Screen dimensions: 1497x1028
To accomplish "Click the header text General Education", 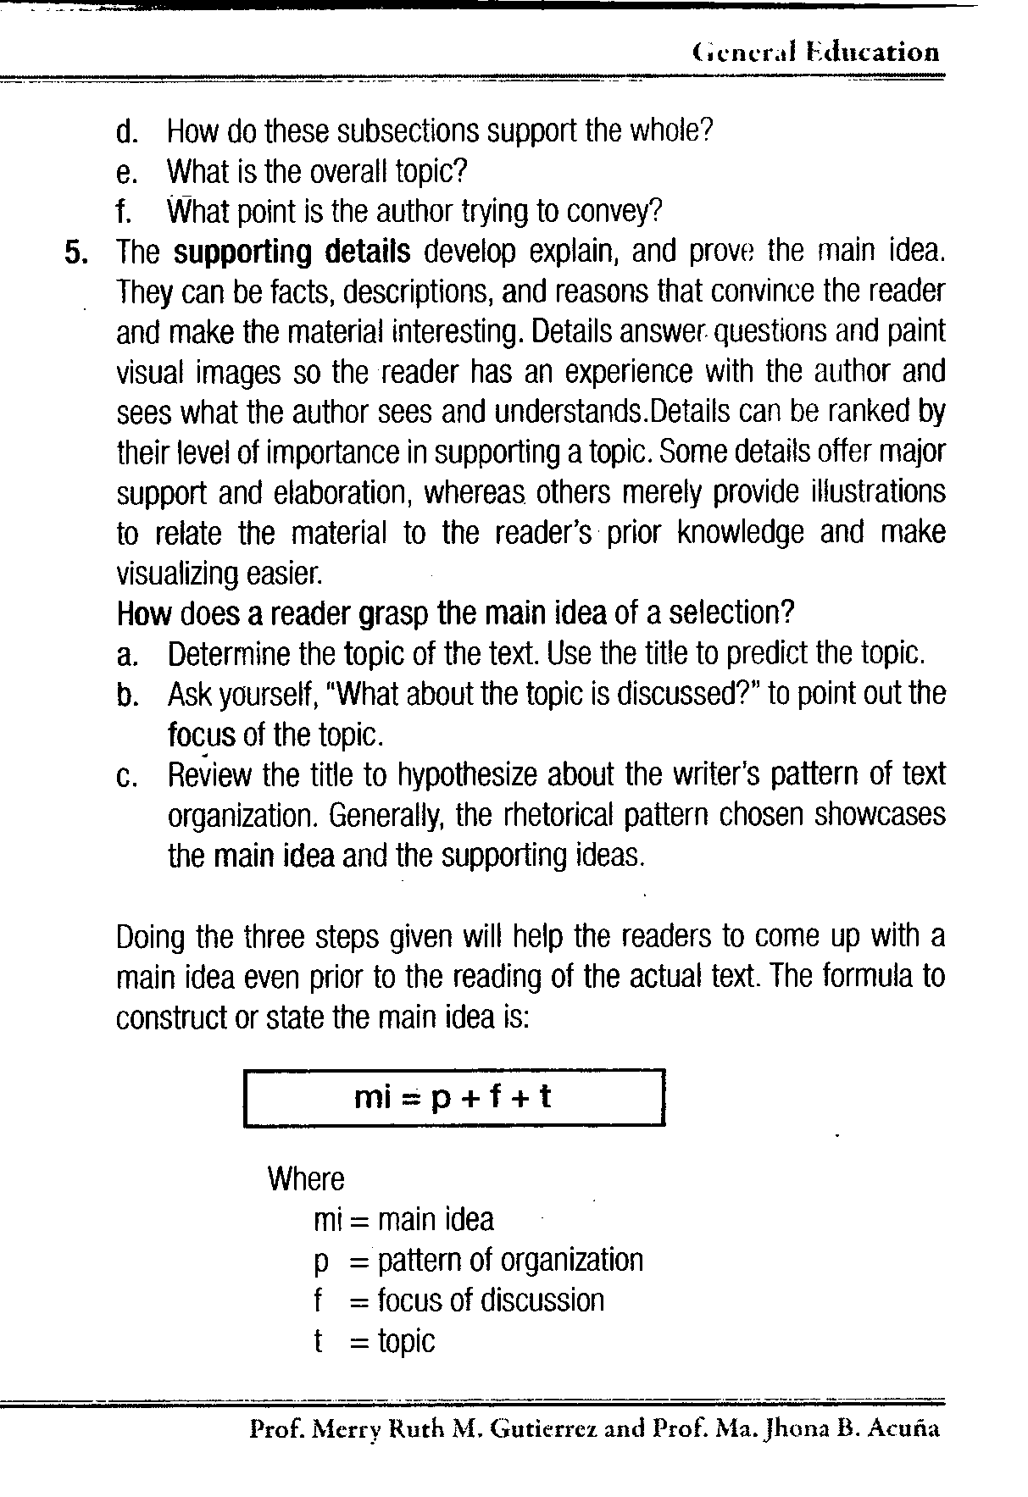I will click(x=815, y=53).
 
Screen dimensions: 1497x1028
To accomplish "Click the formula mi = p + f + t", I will click(x=453, y=1097).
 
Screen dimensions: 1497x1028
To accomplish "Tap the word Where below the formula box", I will click(x=306, y=1179).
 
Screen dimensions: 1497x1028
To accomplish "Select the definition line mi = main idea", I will click(x=403, y=1220).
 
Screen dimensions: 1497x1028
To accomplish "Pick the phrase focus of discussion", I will click(x=491, y=1301).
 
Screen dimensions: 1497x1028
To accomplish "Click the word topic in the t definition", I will click(x=406, y=1342).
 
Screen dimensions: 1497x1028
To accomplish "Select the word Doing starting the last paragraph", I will click(x=152, y=937).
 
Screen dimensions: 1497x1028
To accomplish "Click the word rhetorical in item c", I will click(x=559, y=815).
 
